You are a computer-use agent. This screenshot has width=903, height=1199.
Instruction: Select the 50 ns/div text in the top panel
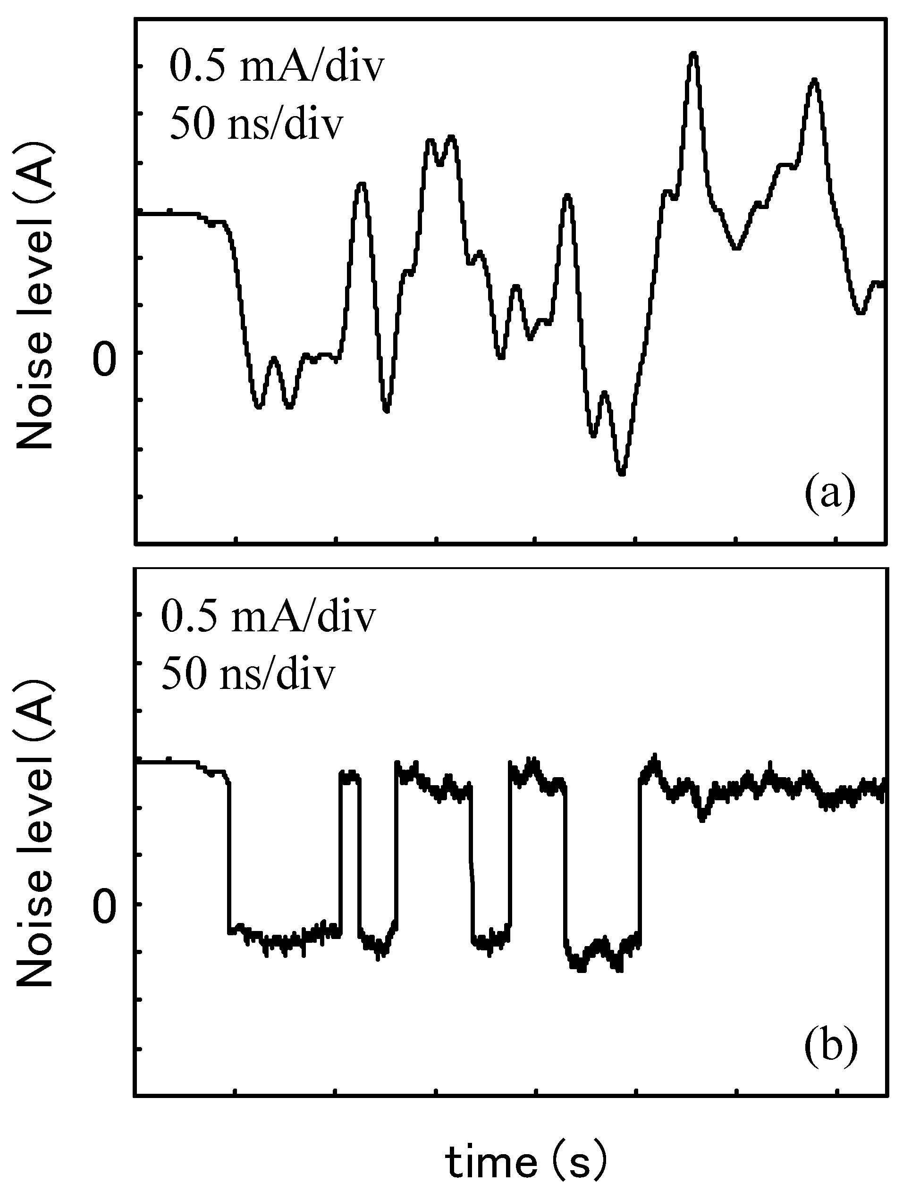coord(256,125)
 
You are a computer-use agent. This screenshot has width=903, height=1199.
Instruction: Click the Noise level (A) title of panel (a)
coord(36,296)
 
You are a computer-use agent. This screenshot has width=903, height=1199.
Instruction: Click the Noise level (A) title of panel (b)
coord(36,846)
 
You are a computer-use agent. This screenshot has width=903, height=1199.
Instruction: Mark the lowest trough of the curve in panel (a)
coord(622,474)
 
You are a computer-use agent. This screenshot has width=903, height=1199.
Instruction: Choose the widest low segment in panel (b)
coord(285,937)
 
